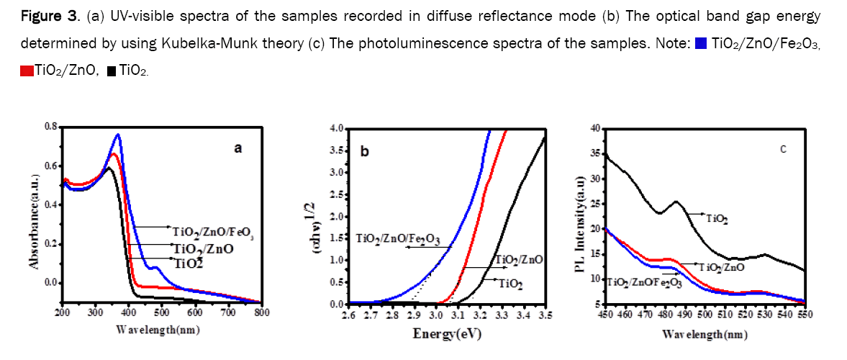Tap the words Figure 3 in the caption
pos(44,16)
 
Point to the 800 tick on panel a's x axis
pos(262,313)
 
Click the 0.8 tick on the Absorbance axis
pos(50,127)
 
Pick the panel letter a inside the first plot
pos(237,148)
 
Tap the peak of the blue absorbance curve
pos(117,135)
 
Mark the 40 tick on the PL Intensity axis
pos(595,129)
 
